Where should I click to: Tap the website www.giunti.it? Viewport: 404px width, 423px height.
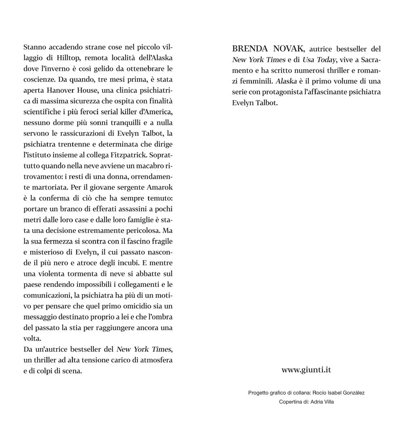pos(306,369)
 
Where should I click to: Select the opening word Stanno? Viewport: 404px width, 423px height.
pos(35,47)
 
